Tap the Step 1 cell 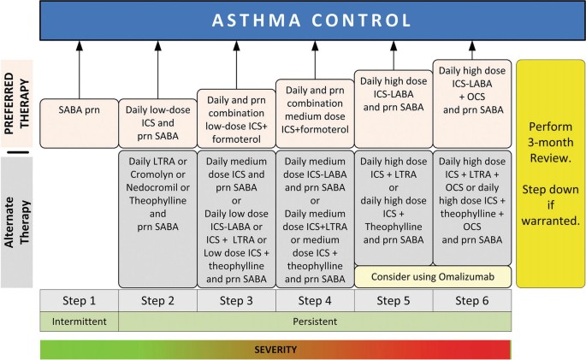click(80, 300)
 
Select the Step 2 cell click(157, 300)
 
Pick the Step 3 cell click(236, 300)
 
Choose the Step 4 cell click(315, 300)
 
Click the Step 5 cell click(394, 300)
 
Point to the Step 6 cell click(472, 300)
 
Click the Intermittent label click(80, 322)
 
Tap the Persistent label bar click(315, 322)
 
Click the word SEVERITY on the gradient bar click(275, 350)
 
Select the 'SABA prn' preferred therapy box click(80, 110)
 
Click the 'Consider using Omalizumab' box click(433, 276)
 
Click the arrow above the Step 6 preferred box click(472, 50)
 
